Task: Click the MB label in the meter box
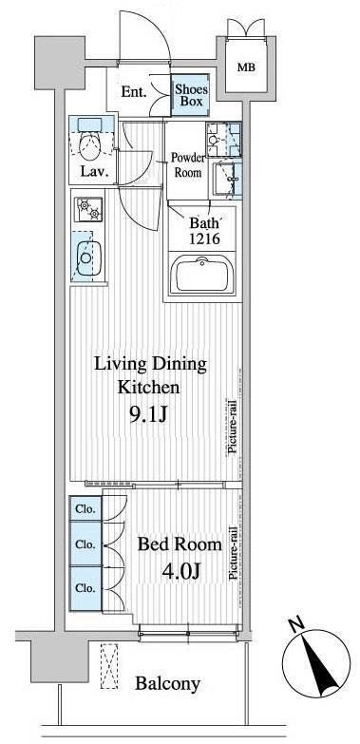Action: coord(246,67)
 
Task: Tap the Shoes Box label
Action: coord(189,94)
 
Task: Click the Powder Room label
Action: coord(188,165)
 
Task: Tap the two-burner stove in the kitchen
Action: coord(88,209)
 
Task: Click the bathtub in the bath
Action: coord(202,275)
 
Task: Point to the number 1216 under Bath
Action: coord(204,238)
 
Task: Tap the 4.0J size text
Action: coord(180,571)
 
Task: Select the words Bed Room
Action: coord(180,544)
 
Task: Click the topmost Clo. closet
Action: coord(85,509)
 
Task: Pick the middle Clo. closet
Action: coord(85,544)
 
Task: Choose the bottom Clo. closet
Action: coord(85,588)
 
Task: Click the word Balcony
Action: coord(167,684)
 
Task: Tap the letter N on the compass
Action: coord(298,626)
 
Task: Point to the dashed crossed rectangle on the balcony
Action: coord(109,666)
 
